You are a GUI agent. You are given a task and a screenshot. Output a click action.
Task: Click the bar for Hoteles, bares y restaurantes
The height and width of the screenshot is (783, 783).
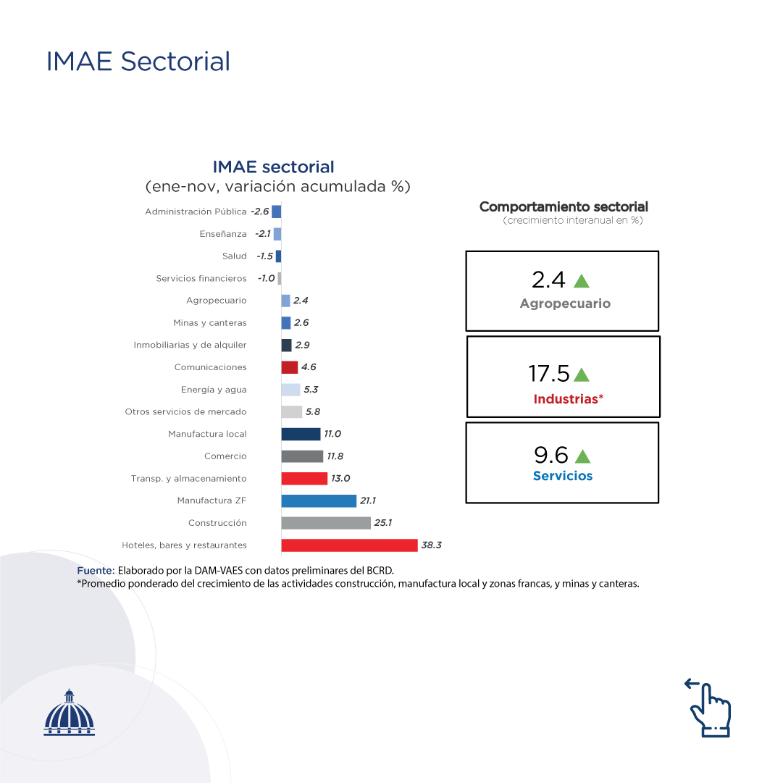click(349, 545)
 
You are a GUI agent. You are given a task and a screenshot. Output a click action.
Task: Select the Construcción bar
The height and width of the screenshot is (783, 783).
click(326, 523)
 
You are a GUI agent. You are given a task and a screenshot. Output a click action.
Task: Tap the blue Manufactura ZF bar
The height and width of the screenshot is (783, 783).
click(319, 501)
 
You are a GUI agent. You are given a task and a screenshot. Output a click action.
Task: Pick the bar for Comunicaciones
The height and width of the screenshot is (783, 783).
click(289, 367)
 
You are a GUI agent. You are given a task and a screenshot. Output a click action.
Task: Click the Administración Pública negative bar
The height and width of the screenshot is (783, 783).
click(277, 212)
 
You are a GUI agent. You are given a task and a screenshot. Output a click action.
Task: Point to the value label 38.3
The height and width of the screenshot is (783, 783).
click(431, 545)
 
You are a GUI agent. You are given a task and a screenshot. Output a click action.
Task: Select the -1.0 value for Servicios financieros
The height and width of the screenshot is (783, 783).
click(266, 278)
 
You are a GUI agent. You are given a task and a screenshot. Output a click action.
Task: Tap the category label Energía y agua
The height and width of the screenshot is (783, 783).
click(214, 390)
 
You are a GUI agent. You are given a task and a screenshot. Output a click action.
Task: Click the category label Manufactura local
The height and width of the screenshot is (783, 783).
click(207, 434)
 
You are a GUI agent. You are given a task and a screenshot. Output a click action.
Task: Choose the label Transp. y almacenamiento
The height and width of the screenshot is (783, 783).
click(188, 479)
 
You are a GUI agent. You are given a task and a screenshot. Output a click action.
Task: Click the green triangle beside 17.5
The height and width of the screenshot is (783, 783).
click(581, 374)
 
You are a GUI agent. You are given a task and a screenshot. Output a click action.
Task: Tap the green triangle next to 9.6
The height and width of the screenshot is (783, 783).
click(582, 456)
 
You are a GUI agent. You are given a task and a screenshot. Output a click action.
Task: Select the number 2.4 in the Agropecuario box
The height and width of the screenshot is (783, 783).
click(548, 280)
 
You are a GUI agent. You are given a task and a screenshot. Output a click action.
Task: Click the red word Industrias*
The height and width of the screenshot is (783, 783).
click(568, 399)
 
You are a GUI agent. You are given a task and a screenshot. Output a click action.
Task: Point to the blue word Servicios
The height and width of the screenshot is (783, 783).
click(563, 476)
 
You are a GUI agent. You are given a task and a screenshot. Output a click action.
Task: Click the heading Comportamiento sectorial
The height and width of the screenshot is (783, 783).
click(564, 207)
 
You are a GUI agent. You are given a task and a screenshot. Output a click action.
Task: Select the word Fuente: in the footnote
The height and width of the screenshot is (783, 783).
click(96, 571)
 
